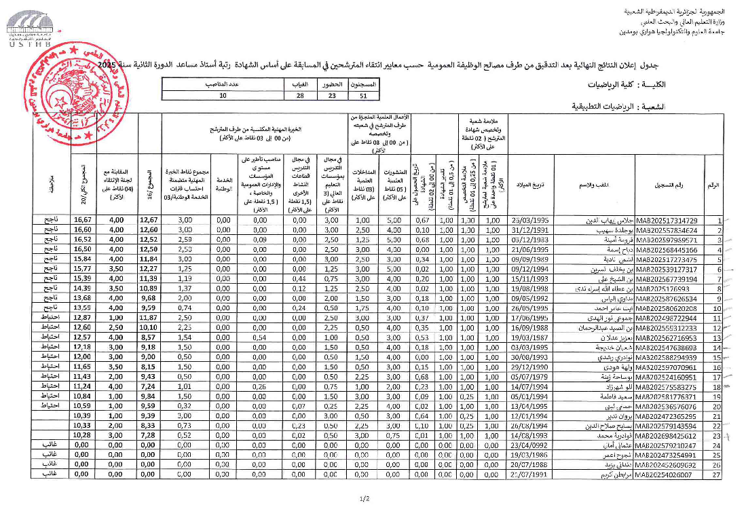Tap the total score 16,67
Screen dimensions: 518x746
[x=83, y=221]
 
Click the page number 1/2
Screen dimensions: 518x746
[x=365, y=500]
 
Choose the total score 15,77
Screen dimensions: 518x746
[x=83, y=270]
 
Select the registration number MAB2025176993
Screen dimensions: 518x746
[x=662, y=289]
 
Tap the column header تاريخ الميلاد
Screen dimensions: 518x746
[x=529, y=185]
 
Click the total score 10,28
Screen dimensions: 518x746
[x=83, y=435]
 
